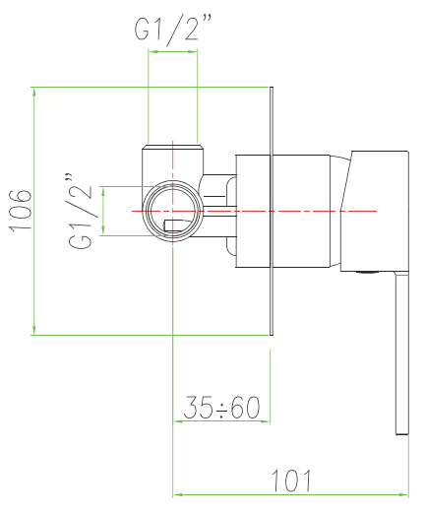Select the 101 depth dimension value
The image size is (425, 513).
pos(291,481)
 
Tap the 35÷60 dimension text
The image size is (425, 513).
pos(221,407)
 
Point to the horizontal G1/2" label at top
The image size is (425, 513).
pos(172,30)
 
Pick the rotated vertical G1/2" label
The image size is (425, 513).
pos(81,211)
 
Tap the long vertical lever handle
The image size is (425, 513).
pos(401,353)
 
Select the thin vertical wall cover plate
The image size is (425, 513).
pos(272,211)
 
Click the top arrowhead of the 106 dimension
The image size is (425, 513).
pos(34,92)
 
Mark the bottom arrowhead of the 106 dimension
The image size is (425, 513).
pos(34,330)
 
